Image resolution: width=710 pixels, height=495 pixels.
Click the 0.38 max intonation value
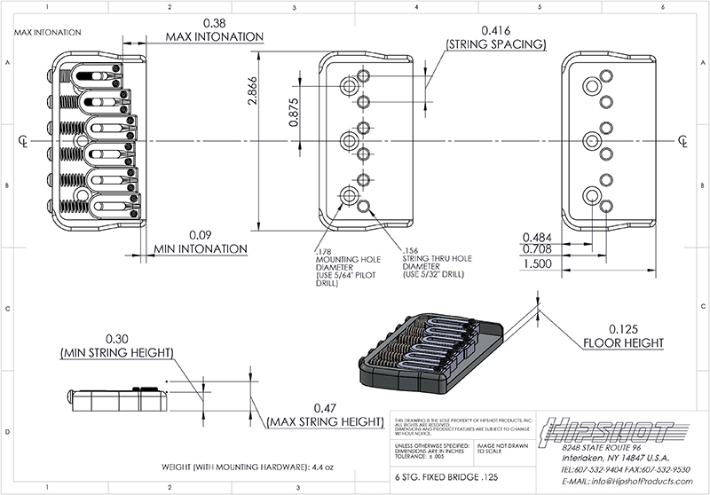214,22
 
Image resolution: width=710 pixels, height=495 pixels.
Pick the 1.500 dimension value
538,265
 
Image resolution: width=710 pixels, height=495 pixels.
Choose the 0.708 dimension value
538,251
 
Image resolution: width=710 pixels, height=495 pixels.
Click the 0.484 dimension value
538,238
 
